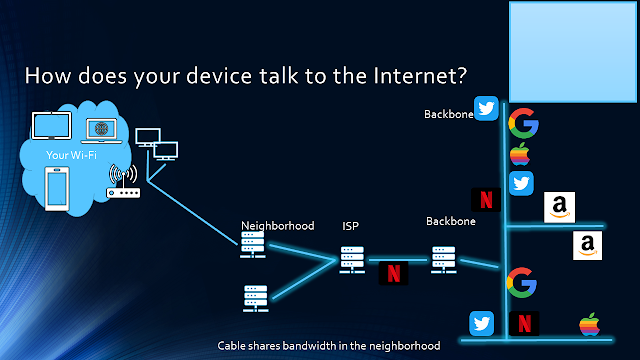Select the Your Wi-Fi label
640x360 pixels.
(x=71, y=155)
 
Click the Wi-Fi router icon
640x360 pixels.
(x=123, y=181)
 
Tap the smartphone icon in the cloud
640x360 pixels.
(x=57, y=189)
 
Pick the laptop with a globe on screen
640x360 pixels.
(x=101, y=131)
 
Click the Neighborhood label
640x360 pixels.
(x=278, y=226)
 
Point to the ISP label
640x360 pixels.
(x=350, y=226)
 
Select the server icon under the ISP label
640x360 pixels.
(x=352, y=260)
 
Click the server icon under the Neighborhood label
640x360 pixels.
(x=253, y=245)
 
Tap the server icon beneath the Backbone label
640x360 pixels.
(x=444, y=260)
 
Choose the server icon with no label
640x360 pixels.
(x=256, y=298)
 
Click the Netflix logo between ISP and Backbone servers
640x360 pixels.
(x=393, y=273)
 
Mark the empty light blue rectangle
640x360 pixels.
(x=572, y=52)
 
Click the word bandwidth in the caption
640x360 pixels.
(x=309, y=346)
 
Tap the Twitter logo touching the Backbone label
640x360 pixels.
(x=486, y=108)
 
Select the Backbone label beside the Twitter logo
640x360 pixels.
(x=449, y=114)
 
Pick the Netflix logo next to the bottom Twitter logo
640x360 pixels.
(x=524, y=324)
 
